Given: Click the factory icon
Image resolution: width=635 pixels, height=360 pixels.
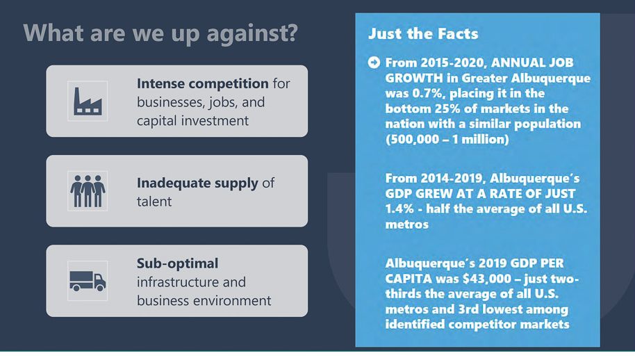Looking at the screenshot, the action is (x=88, y=101).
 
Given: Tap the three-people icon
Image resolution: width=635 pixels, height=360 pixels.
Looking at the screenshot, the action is (x=88, y=191).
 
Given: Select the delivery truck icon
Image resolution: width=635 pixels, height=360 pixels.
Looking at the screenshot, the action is (x=88, y=281).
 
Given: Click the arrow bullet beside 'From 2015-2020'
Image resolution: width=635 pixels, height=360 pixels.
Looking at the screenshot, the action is (x=374, y=63).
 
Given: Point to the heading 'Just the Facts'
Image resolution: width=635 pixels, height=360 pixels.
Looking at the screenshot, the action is (x=423, y=33).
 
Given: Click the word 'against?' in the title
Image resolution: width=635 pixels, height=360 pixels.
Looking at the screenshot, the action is (x=252, y=33).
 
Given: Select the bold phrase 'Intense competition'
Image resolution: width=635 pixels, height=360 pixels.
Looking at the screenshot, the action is (x=202, y=83).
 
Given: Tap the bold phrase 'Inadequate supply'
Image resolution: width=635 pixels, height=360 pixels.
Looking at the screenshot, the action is (x=197, y=183).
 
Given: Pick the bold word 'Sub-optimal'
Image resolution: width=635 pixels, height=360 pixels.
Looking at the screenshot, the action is (x=177, y=263).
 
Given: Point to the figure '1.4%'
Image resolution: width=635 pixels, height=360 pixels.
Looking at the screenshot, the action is (x=399, y=209).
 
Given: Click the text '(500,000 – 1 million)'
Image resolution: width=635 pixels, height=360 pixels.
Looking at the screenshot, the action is (x=447, y=139).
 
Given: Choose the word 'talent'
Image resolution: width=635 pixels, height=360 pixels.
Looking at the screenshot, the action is (x=154, y=202).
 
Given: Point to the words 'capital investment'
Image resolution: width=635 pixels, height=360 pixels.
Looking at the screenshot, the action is (x=192, y=121).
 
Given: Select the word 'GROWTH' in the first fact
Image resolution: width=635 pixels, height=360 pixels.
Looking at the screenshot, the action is (x=414, y=78).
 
